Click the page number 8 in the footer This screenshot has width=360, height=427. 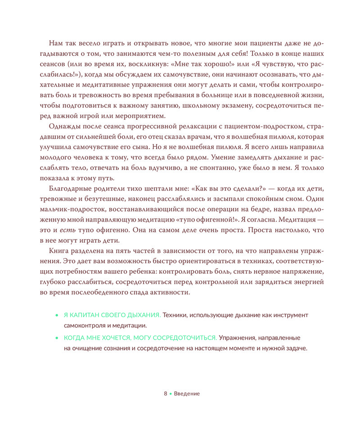(x=166, y=393)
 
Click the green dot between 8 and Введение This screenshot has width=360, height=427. (x=171, y=393)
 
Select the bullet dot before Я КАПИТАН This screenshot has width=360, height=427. (x=56, y=315)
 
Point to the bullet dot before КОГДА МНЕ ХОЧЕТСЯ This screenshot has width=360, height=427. (x=56, y=337)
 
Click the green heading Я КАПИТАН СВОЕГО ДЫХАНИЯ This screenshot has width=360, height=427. (x=112, y=315)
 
